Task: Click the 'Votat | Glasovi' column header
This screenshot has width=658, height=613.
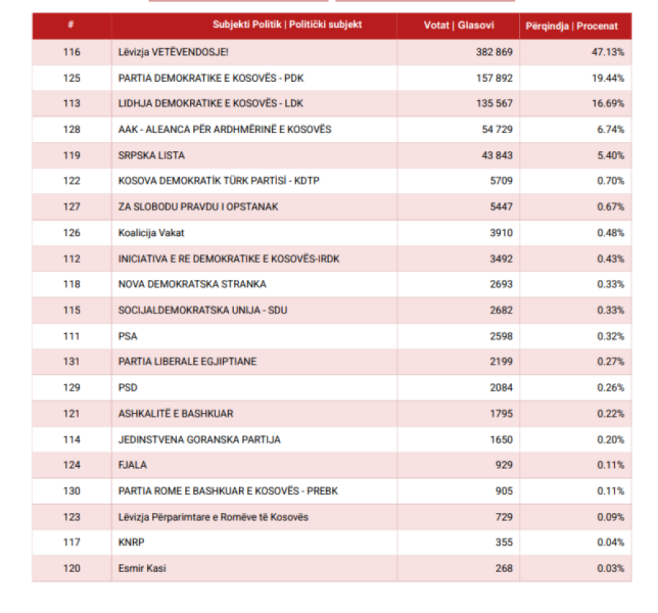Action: point(458,25)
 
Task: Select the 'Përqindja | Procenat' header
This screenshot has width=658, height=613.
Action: point(572,26)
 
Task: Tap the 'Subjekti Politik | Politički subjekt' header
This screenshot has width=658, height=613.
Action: point(287,24)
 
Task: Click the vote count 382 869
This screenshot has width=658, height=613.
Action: point(494,52)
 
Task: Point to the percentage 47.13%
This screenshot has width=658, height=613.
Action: point(608,52)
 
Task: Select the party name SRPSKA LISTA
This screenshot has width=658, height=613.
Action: point(151,156)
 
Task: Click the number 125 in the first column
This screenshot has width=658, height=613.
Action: point(72,78)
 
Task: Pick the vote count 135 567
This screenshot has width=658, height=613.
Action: point(494,104)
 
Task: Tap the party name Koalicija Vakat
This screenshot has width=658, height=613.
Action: point(151,232)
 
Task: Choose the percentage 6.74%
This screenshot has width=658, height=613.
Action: point(610,129)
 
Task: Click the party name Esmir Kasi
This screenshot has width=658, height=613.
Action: point(143,568)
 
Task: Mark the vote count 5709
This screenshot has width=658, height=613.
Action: point(502,180)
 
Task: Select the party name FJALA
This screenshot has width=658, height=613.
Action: point(132,465)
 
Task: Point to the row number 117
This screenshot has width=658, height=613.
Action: point(72,543)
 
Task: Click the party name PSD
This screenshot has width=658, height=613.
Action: point(127,388)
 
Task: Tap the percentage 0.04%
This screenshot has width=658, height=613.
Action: point(610,543)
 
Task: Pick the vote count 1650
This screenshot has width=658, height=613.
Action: point(502,440)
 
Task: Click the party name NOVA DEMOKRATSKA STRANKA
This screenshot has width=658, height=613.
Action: point(192,284)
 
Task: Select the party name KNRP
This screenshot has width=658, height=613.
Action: point(132,543)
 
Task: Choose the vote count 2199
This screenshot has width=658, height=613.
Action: point(502,362)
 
